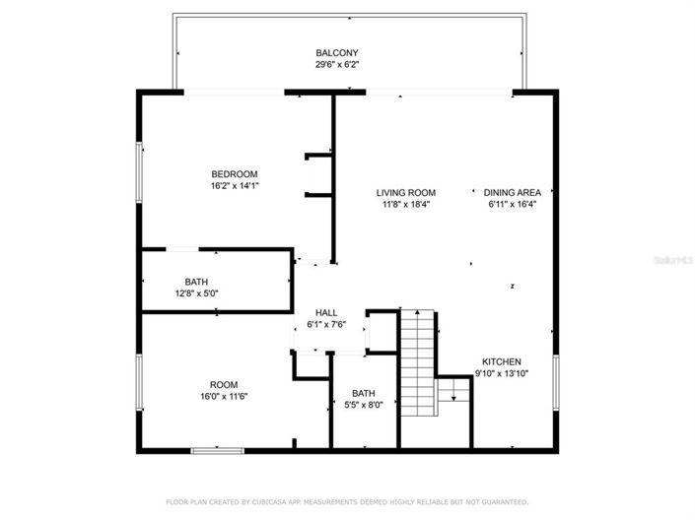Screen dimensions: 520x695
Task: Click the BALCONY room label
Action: click(x=336, y=52)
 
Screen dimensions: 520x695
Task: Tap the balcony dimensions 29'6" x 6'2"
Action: click(x=336, y=65)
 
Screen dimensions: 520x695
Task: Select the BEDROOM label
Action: click(x=234, y=173)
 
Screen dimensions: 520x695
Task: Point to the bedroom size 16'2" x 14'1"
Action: click(x=234, y=185)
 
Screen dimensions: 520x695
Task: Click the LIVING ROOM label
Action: click(x=405, y=192)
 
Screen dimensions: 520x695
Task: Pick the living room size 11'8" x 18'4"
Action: click(x=405, y=205)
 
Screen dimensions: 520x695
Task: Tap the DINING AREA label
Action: click(x=512, y=192)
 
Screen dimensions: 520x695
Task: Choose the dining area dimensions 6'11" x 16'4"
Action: click(x=512, y=205)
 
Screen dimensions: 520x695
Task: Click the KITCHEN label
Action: click(x=502, y=361)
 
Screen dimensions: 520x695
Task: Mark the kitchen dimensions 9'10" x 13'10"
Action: click(x=502, y=373)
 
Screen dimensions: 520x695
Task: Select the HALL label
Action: click(x=326, y=312)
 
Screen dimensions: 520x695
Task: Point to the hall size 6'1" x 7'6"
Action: click(x=326, y=324)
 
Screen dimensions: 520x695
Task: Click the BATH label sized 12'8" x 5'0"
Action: click(x=196, y=282)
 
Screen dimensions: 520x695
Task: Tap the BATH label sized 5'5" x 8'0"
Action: click(x=364, y=392)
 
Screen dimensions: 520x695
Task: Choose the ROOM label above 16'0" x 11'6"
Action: click(x=223, y=384)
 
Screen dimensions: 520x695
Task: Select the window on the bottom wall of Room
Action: click(x=217, y=450)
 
